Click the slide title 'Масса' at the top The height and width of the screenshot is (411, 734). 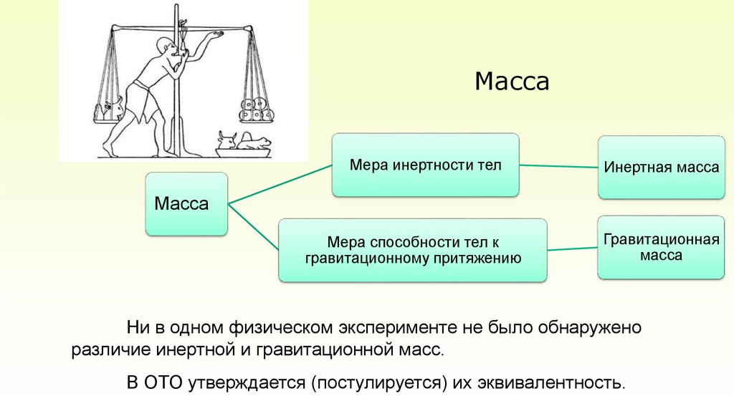(x=512, y=81)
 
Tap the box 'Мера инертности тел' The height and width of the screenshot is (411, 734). (x=424, y=165)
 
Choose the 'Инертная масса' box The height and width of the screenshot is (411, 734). (x=661, y=168)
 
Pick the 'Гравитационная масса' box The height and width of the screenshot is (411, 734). (x=661, y=247)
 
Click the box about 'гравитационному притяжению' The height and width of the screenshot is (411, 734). (x=412, y=250)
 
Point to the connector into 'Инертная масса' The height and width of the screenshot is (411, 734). (x=558, y=167)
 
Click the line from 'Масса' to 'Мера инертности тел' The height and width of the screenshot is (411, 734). (x=280, y=184)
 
